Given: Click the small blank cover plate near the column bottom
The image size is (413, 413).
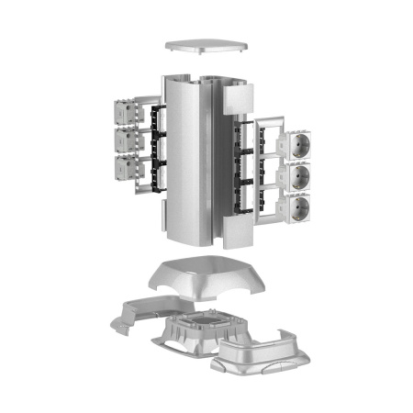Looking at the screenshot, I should point(237,231).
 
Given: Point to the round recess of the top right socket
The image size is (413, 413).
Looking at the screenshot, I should point(302,145).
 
